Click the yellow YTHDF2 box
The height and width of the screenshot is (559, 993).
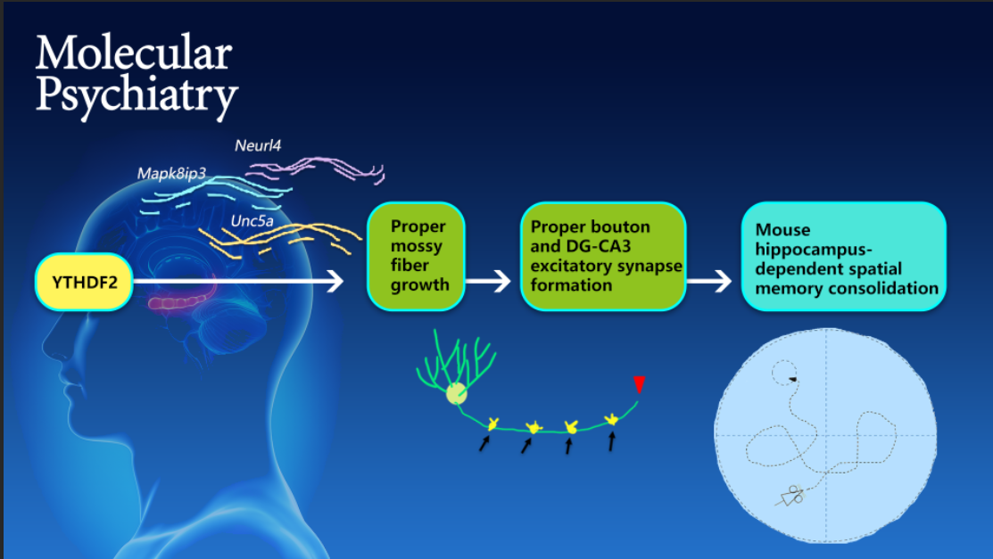pos(84,282)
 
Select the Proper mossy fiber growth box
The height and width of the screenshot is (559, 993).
pos(416,257)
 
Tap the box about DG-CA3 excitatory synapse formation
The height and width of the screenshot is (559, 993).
pos(603,257)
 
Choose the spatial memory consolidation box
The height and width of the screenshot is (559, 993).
pos(843,257)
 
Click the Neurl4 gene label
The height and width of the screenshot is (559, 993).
pos(258,145)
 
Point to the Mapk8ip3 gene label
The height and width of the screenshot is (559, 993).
pos(171,174)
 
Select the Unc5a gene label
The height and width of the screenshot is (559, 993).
pos(252,221)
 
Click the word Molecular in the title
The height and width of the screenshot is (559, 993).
pos(134,53)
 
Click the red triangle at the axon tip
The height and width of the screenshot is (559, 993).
pos(639,384)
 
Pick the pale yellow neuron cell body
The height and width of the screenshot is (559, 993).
pos(456,394)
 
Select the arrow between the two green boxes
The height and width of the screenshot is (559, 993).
pos(488,281)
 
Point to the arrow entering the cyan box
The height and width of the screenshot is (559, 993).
pos(709,281)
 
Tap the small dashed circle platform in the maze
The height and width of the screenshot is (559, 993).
pos(784,373)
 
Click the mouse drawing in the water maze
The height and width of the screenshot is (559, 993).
pos(790,496)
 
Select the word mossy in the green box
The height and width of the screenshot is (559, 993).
pos(416,246)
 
